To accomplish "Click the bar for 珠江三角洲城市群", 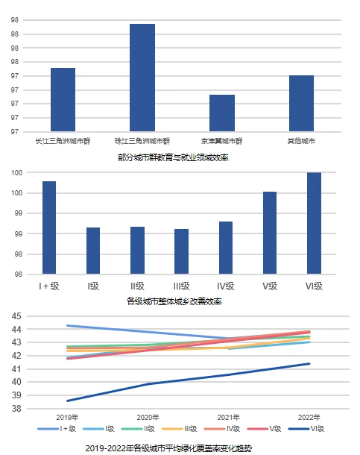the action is [142, 78].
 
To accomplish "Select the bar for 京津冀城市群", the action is [222, 113].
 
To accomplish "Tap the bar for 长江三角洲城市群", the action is [63, 99].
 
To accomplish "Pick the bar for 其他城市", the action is [301, 103].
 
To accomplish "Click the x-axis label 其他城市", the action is [301, 141].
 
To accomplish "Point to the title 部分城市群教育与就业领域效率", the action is [173, 157].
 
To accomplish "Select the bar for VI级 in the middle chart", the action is [315, 223].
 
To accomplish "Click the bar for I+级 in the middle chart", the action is [49, 228].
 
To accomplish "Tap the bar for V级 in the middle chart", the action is [270, 233].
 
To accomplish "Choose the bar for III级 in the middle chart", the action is [181, 251].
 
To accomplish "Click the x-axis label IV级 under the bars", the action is [226, 286].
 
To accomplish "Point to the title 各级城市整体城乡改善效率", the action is [174, 301].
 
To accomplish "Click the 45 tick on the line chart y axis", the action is [16, 316].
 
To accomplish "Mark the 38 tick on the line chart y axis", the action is [16, 409].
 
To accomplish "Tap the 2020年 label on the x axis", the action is [148, 417].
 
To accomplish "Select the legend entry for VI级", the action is [306, 429].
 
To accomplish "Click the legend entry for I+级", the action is [57, 429].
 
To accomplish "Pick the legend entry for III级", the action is [180, 429].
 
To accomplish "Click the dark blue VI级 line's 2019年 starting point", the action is [67, 401].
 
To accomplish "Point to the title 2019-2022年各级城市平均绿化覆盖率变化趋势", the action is [168, 448].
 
